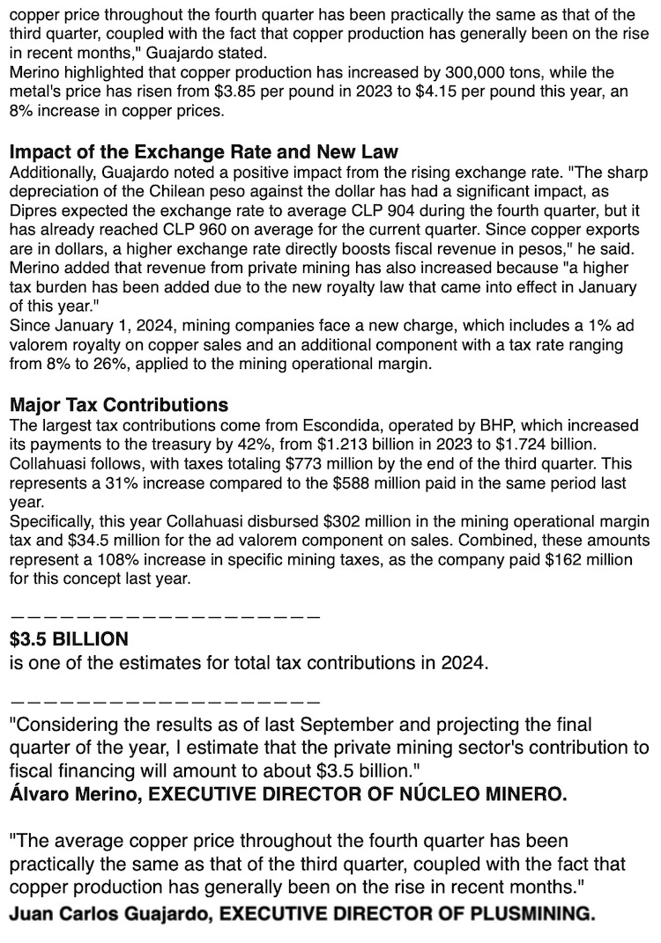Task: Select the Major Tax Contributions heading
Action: coord(119,405)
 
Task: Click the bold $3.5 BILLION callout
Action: coord(69,638)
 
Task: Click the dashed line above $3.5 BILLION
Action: coord(164,614)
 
